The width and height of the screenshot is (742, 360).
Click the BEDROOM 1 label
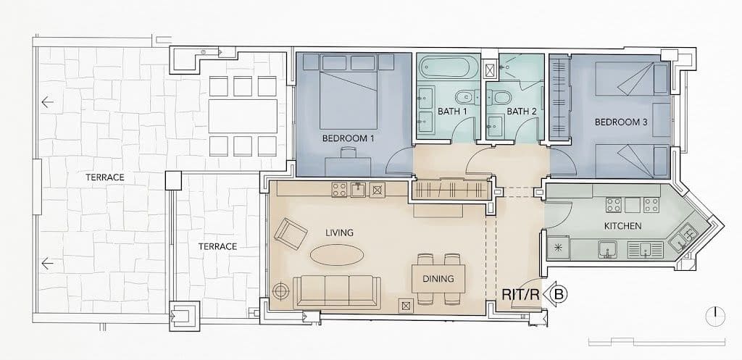point(345,138)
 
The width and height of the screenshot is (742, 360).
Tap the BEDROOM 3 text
point(621,122)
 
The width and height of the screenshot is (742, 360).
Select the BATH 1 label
point(452,112)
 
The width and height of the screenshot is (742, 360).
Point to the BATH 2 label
point(522,112)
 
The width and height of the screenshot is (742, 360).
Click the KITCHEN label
point(622,226)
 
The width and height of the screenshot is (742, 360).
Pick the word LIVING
point(339,233)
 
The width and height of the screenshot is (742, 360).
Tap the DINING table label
point(438,279)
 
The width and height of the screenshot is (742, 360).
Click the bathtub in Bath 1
point(446,68)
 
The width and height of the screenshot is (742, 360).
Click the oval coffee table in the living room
point(338,254)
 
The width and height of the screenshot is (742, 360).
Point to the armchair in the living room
point(291,234)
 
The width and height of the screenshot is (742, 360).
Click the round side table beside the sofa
point(281,290)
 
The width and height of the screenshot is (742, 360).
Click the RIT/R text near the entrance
point(520,295)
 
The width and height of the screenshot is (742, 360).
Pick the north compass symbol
point(715,317)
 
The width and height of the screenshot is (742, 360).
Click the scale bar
point(656,342)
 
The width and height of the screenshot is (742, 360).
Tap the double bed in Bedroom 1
point(349,91)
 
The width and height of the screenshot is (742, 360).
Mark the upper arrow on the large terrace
point(47,101)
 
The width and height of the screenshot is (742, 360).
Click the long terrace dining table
point(243,116)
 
